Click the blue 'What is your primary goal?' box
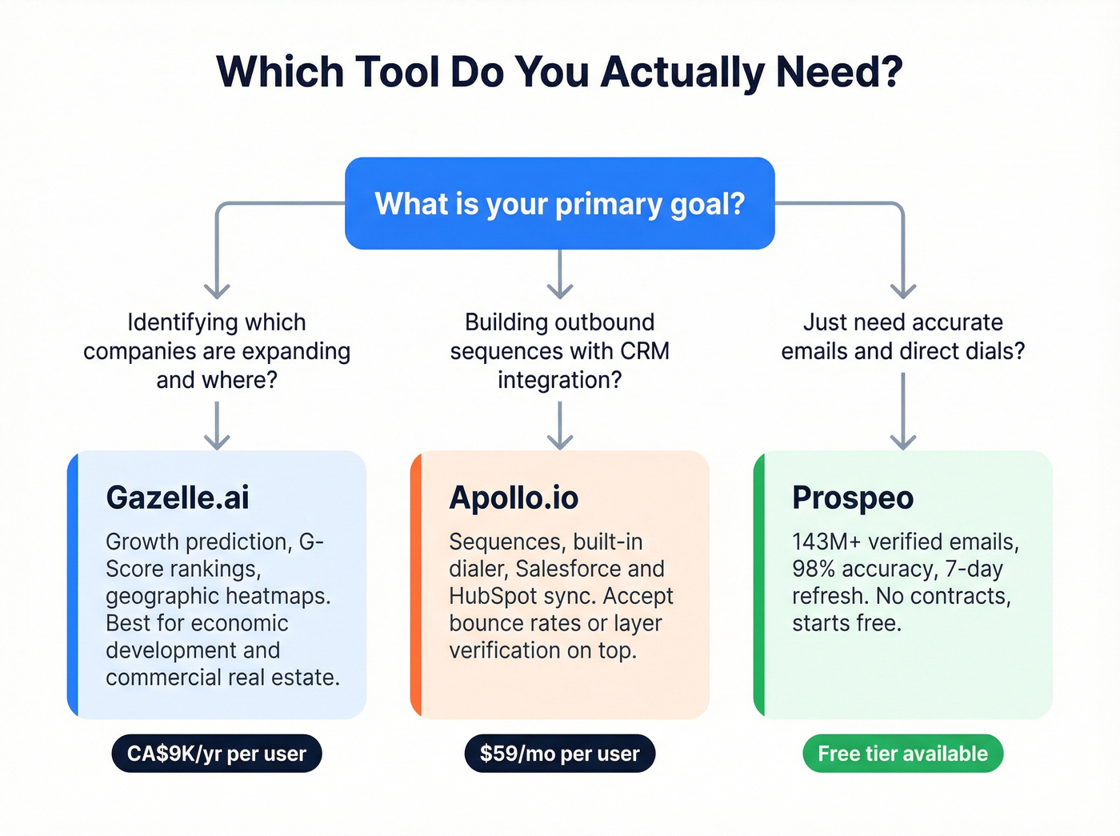click(559, 203)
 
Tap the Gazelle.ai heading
click(178, 498)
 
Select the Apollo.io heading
click(514, 498)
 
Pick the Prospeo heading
click(853, 498)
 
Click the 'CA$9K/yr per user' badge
click(217, 754)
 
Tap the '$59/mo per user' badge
click(559, 754)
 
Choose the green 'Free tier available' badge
click(902, 754)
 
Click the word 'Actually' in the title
click(682, 72)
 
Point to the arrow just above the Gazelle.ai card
click(217, 426)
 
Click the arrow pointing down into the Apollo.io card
click(560, 426)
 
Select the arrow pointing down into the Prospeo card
click(903, 412)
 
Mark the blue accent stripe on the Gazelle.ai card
click(73, 585)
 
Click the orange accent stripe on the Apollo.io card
click(416, 585)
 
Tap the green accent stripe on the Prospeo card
click(759, 585)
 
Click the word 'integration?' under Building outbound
click(559, 380)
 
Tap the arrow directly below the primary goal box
click(560, 274)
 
